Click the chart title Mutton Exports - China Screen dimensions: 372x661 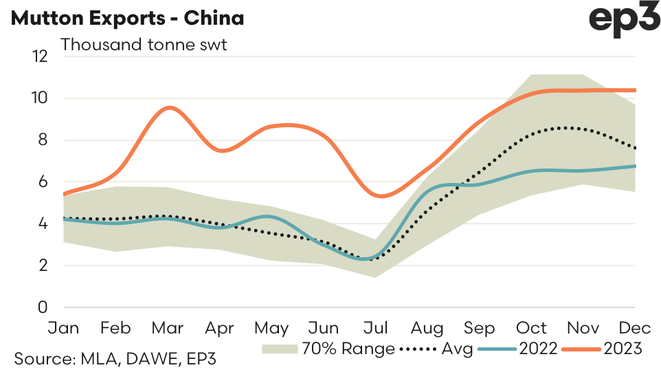coord(127,19)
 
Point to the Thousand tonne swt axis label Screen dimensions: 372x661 coord(144,45)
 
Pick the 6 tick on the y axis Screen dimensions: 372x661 coord(43,182)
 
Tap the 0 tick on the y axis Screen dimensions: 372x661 coord(43,307)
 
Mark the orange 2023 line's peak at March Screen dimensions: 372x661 coord(168,107)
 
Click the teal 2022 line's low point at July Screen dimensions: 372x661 coord(370,259)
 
